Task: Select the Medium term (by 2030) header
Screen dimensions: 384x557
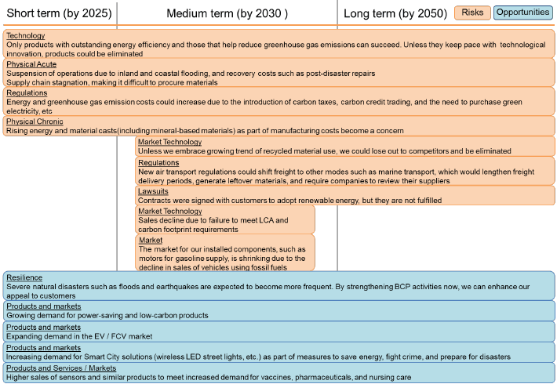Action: [x=227, y=13]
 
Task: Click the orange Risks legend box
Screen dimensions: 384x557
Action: [x=472, y=13]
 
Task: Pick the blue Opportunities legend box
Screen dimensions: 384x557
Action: [x=523, y=13]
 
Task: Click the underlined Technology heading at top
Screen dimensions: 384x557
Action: [x=25, y=36]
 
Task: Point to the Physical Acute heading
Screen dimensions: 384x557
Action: [x=31, y=64]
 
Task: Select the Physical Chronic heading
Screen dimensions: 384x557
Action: [x=35, y=121]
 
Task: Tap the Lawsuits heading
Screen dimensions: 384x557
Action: [x=153, y=190]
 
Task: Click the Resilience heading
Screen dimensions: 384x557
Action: [x=24, y=278]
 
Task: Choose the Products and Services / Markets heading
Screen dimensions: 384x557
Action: [x=60, y=368]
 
